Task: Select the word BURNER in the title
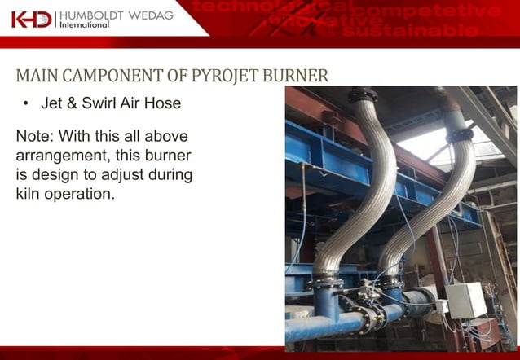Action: (x=297, y=78)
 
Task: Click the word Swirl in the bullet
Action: (x=112, y=104)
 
